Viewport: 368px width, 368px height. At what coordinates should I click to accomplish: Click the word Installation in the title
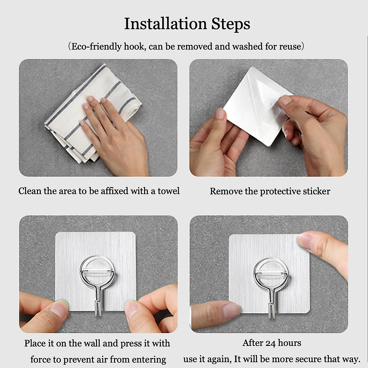pos(166,24)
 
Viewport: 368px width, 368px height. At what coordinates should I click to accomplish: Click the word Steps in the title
pos(231,25)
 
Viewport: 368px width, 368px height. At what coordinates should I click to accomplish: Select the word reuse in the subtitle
pos(290,47)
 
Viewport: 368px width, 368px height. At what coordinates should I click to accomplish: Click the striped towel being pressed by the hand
pos(92,113)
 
